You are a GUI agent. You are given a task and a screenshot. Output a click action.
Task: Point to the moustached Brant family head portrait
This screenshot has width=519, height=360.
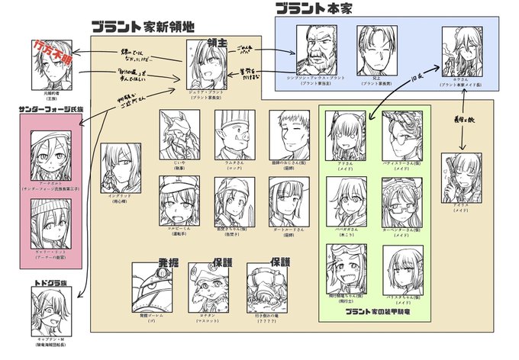click(x=318, y=51)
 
